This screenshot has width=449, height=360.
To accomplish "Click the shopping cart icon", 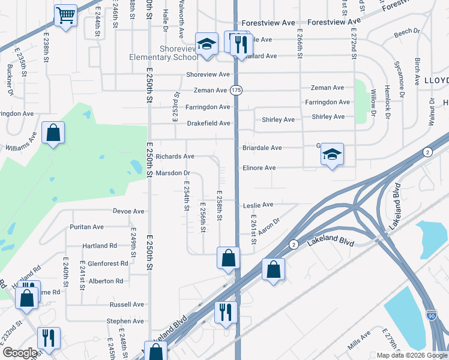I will coord(65,15).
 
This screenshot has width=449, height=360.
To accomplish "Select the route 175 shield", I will coord(237,90).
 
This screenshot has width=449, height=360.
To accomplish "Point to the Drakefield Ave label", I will coord(208,124).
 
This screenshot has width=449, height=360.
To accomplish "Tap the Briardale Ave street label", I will coord(262,148).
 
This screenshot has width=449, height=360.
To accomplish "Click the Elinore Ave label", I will coord(259,168).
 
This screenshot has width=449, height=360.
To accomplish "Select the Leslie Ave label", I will coord(258,205).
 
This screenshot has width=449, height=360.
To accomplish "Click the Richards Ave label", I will coord(175,157).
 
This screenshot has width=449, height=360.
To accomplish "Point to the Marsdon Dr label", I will coord(172,173).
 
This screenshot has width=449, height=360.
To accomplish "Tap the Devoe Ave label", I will coord(128,211).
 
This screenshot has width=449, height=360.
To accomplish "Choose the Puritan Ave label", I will coord(86,227).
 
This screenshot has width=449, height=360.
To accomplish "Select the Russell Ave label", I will coord(127,305).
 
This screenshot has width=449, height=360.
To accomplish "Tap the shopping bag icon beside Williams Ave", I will coord(53,133).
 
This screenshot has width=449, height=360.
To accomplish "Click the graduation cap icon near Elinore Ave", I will coord(332,154).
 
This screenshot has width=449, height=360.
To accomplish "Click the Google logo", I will coord(20,353).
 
